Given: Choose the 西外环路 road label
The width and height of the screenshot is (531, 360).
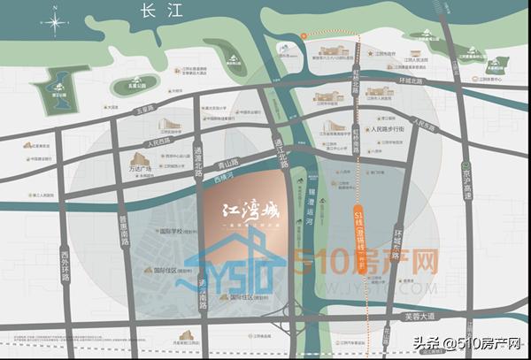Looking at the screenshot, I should tap(65, 265).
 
